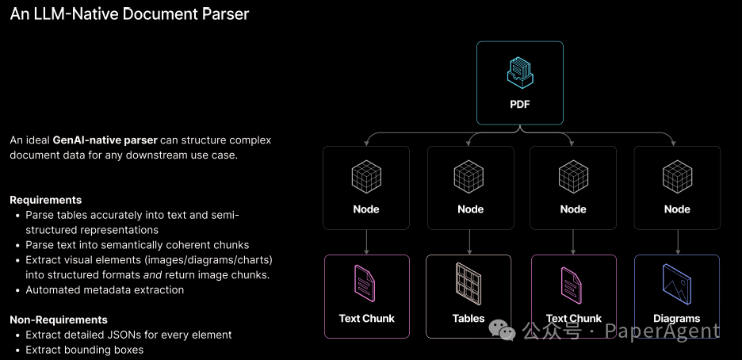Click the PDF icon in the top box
point(520,73)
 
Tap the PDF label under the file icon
point(520,105)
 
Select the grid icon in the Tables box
point(469,282)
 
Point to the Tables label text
point(469,319)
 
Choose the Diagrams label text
point(677,319)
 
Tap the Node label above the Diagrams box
point(677,209)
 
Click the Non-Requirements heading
point(59,320)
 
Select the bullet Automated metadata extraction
point(105,290)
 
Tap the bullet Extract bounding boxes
point(84,350)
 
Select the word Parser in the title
point(226,14)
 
